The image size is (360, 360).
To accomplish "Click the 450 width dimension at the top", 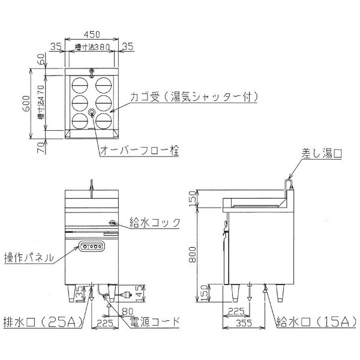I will [x=91, y=34].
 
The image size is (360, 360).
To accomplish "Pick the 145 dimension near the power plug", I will [x=139, y=293].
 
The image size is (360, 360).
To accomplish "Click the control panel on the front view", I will [x=91, y=245].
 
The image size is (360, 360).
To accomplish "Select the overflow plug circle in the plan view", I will [x=92, y=112].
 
